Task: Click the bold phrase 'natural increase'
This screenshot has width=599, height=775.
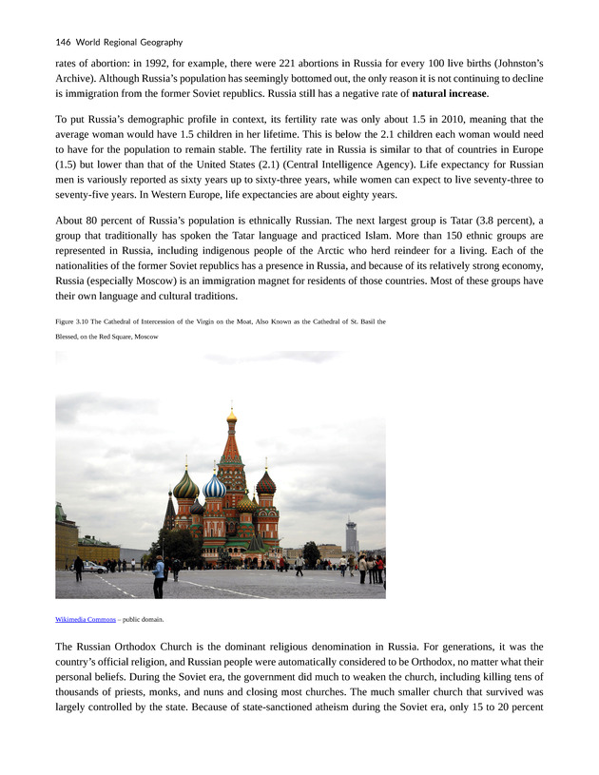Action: (x=451, y=93)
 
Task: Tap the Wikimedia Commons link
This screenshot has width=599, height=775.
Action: (x=86, y=619)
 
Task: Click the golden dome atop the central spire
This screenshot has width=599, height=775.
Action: (x=231, y=416)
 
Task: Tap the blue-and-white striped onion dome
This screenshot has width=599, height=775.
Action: (x=215, y=486)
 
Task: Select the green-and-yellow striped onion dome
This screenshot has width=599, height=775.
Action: (x=186, y=486)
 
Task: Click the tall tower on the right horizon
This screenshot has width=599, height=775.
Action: (x=351, y=535)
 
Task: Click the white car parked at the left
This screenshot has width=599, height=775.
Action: (x=95, y=567)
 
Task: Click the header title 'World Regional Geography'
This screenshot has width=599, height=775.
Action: (x=132, y=42)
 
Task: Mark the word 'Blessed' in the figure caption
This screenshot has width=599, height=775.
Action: (x=71, y=337)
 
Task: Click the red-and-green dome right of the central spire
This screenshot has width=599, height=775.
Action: (x=265, y=484)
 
